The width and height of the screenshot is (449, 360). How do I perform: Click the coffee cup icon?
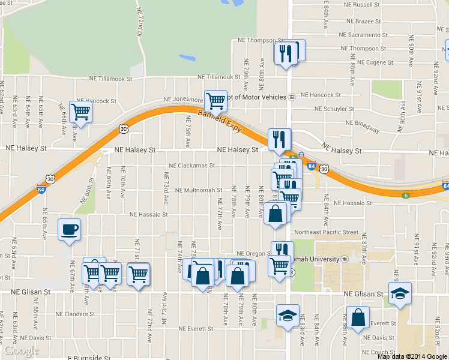pyautogui.click(x=69, y=229)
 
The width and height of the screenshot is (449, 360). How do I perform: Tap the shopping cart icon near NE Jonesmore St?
pyautogui.click(x=215, y=100)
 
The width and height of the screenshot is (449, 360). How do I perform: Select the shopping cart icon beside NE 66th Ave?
pyautogui.click(x=80, y=111)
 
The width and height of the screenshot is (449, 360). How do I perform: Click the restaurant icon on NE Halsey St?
pyautogui.click(x=279, y=139)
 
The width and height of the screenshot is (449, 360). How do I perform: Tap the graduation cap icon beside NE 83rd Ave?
pyautogui.click(x=288, y=314)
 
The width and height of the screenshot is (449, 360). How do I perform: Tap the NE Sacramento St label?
pyautogui.click(x=366, y=35)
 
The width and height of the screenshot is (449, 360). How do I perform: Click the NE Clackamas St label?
pyautogui.click(x=192, y=166)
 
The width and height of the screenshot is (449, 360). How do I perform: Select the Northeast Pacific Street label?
pyautogui.click(x=326, y=232)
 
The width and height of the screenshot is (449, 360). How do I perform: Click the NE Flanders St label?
pyautogui.click(x=73, y=314)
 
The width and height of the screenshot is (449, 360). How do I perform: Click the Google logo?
pyautogui.click(x=21, y=350)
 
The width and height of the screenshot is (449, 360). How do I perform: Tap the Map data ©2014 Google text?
pyautogui.click(x=412, y=356)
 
